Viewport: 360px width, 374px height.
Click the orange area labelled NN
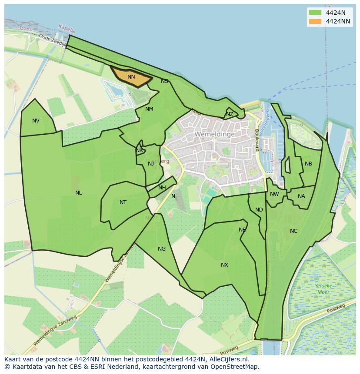click(131, 77)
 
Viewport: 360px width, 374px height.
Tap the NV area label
click(36, 121)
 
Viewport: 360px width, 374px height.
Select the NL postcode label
click(78, 193)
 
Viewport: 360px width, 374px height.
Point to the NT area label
click(123, 202)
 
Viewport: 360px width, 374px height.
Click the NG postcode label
click(162, 249)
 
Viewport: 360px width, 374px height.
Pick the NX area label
click(224, 265)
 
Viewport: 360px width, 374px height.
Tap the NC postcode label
click(293, 231)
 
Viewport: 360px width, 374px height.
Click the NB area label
click(308, 164)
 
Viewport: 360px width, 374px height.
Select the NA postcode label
click(301, 196)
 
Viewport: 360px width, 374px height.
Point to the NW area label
click(274, 194)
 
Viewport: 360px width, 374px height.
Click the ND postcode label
click(259, 210)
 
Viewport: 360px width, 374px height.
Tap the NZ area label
click(230, 114)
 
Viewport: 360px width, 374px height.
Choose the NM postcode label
click(149, 109)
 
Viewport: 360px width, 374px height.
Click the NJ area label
click(151, 164)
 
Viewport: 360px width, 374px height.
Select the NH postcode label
click(162, 188)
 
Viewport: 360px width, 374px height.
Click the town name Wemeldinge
click(215, 134)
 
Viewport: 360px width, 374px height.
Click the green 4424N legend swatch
click(315, 13)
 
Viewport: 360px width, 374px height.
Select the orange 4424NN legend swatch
click(315, 21)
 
